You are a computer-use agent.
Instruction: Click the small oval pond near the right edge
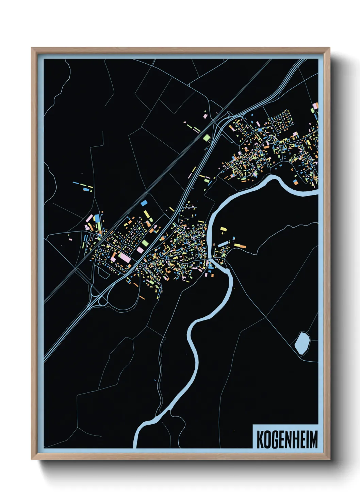click(x=302, y=343)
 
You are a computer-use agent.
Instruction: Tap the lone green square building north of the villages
click(x=207, y=138)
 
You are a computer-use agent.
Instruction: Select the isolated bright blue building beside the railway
click(x=144, y=203)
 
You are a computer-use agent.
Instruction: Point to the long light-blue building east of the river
click(x=223, y=244)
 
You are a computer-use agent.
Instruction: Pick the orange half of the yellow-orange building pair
click(x=243, y=246)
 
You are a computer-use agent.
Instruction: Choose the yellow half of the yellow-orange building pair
click(x=237, y=245)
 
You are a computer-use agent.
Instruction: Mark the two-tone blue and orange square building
click(x=296, y=182)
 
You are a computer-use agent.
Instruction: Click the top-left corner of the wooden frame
click(x=32, y=48)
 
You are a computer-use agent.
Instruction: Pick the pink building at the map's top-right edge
click(x=315, y=106)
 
